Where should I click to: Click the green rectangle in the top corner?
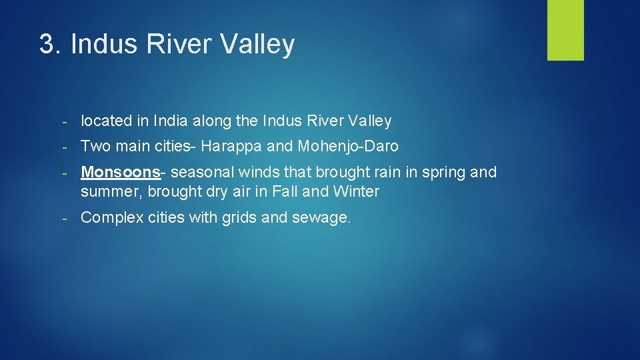565,30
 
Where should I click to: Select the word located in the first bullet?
105,121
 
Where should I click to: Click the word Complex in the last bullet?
111,218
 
